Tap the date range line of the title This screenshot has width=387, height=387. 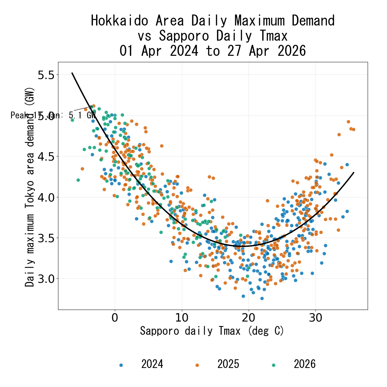point(213,51)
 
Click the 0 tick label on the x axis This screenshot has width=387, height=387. point(115,318)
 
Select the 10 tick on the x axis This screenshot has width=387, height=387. point(182,318)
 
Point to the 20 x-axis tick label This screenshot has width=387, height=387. point(249,318)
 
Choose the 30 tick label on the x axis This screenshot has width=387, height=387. point(316,318)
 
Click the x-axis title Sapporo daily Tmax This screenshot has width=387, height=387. point(212,331)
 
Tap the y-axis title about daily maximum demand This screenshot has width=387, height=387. point(30,187)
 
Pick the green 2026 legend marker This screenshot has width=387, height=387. point(274,365)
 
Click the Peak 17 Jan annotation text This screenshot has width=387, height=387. point(53,115)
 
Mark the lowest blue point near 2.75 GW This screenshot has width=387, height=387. point(262,298)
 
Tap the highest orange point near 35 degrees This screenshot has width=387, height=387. point(348,122)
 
